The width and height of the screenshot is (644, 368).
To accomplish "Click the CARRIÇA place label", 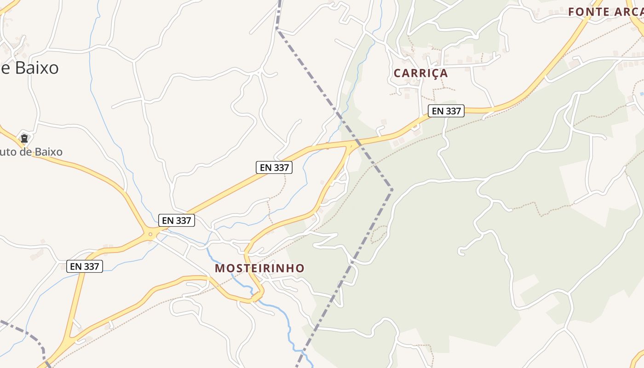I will coord(420,73).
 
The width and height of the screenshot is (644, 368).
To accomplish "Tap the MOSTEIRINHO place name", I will coord(259,268).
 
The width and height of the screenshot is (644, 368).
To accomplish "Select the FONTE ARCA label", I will coord(605,12).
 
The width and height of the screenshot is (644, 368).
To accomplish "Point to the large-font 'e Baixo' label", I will coord(29,68).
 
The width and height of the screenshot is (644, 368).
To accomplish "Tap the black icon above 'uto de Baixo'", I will coord(24,138).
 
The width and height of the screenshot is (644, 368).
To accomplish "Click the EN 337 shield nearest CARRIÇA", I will coord(446,111).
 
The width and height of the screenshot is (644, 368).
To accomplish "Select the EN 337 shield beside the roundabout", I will coord(177,220).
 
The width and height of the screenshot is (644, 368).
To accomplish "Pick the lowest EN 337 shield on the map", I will coord(85,266).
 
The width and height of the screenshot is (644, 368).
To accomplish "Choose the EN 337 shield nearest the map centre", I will coord(274,167).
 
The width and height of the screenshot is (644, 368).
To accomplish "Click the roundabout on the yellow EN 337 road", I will coord(150,235).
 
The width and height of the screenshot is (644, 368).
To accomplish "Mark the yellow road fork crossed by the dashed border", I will coord(352,145).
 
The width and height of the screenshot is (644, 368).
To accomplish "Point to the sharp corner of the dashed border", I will coord(391,189).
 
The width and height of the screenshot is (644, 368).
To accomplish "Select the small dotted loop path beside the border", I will coord(379,234).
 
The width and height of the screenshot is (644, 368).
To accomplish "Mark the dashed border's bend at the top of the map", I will coord(276,29).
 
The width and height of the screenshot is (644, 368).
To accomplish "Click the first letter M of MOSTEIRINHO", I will coord(220,268).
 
